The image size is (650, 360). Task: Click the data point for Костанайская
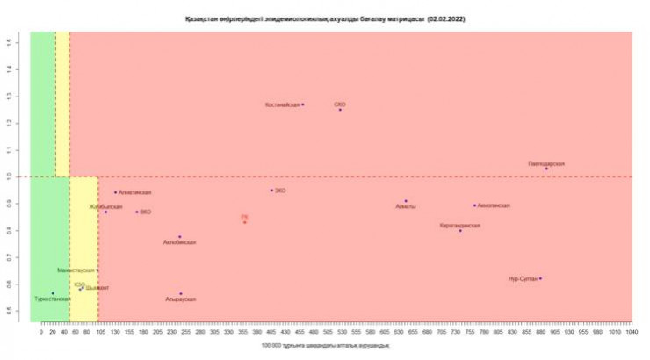pos(303,104)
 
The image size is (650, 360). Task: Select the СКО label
pos(339,104)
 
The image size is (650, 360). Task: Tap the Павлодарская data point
pos(546,169)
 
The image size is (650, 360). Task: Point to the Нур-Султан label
pos(523,279)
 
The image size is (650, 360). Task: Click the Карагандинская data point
pos(460,230)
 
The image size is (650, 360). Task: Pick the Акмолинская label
pos(494,205)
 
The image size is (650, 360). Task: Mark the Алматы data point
pos(406,201)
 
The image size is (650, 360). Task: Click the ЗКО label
pos(280,190)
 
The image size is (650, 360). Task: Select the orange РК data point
pos(245,222)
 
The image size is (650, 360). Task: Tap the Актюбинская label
pos(180,242)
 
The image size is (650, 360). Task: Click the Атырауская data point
pos(181,294)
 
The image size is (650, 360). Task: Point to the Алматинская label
pos(134,192)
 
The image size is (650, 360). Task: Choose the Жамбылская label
pos(105,206)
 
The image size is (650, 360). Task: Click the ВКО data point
pos(136,212)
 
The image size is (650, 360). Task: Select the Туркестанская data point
pos(53,293)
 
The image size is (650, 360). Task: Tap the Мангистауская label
pos(76,270)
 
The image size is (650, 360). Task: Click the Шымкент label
pos(97,288)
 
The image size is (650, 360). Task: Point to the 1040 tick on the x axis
pos(631,334)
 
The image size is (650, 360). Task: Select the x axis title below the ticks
pos(325,347)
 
